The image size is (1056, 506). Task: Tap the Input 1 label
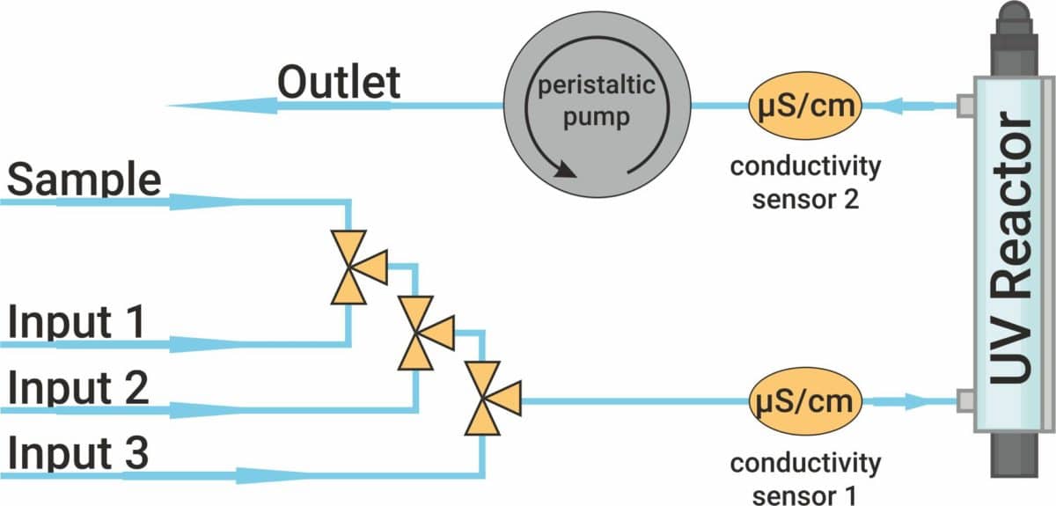(x=77, y=323)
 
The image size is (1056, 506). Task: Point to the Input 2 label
(x=79, y=388)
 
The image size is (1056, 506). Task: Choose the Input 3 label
(x=79, y=456)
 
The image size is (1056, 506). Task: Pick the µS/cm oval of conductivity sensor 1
(x=803, y=402)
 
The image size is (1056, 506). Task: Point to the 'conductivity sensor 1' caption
(x=805, y=476)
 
